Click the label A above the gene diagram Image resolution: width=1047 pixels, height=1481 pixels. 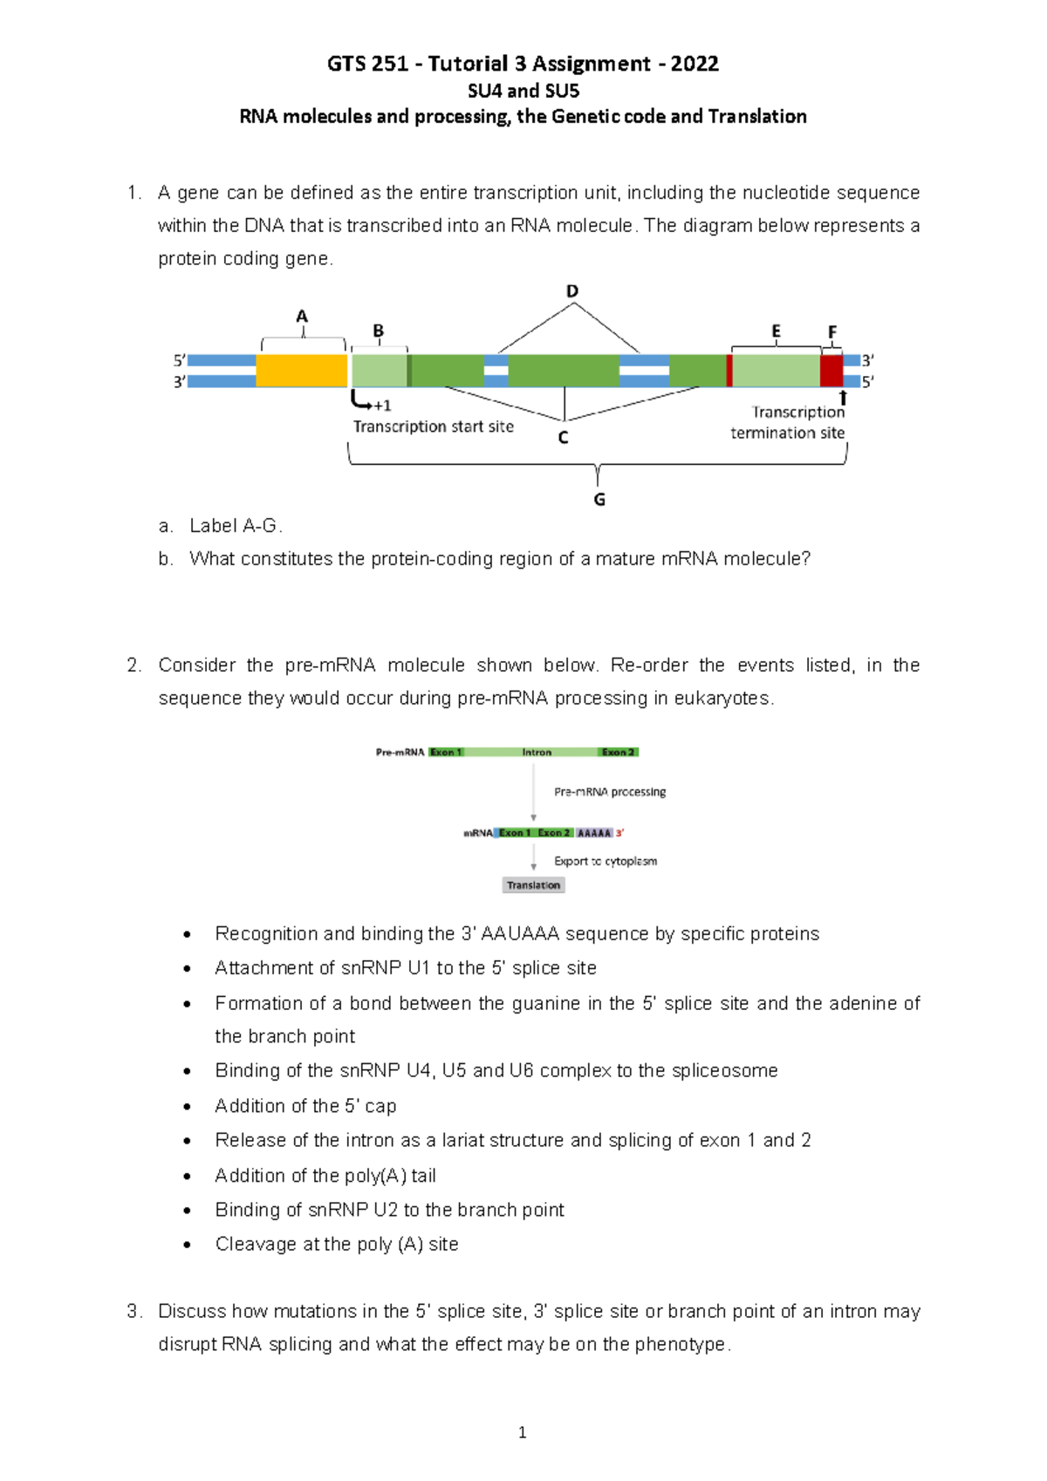click(302, 317)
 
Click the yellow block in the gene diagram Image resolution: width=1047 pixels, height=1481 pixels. click(301, 371)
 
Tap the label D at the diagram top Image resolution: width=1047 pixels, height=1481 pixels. click(572, 291)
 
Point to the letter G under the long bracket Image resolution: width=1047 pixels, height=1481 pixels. click(599, 500)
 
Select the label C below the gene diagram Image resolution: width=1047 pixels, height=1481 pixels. click(564, 438)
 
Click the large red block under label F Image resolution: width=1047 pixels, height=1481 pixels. click(831, 371)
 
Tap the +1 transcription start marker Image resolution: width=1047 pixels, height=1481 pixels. click(381, 406)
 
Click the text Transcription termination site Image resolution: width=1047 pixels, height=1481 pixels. click(788, 423)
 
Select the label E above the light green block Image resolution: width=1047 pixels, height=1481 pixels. click(776, 331)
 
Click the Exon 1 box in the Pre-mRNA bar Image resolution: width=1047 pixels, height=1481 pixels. click(446, 752)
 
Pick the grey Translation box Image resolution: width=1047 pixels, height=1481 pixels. click(534, 885)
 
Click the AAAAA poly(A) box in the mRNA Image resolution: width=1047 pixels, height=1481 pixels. click(594, 833)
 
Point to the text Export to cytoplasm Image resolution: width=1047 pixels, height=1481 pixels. click(606, 861)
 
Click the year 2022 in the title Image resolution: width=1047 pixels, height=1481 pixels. click(695, 64)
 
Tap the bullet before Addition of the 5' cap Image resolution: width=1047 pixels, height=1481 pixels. click(188, 1107)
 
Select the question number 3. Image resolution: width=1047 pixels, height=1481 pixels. click(133, 1311)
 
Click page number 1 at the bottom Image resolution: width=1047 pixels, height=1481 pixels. click(522, 1432)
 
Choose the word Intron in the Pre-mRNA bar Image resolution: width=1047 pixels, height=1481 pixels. click(537, 752)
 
